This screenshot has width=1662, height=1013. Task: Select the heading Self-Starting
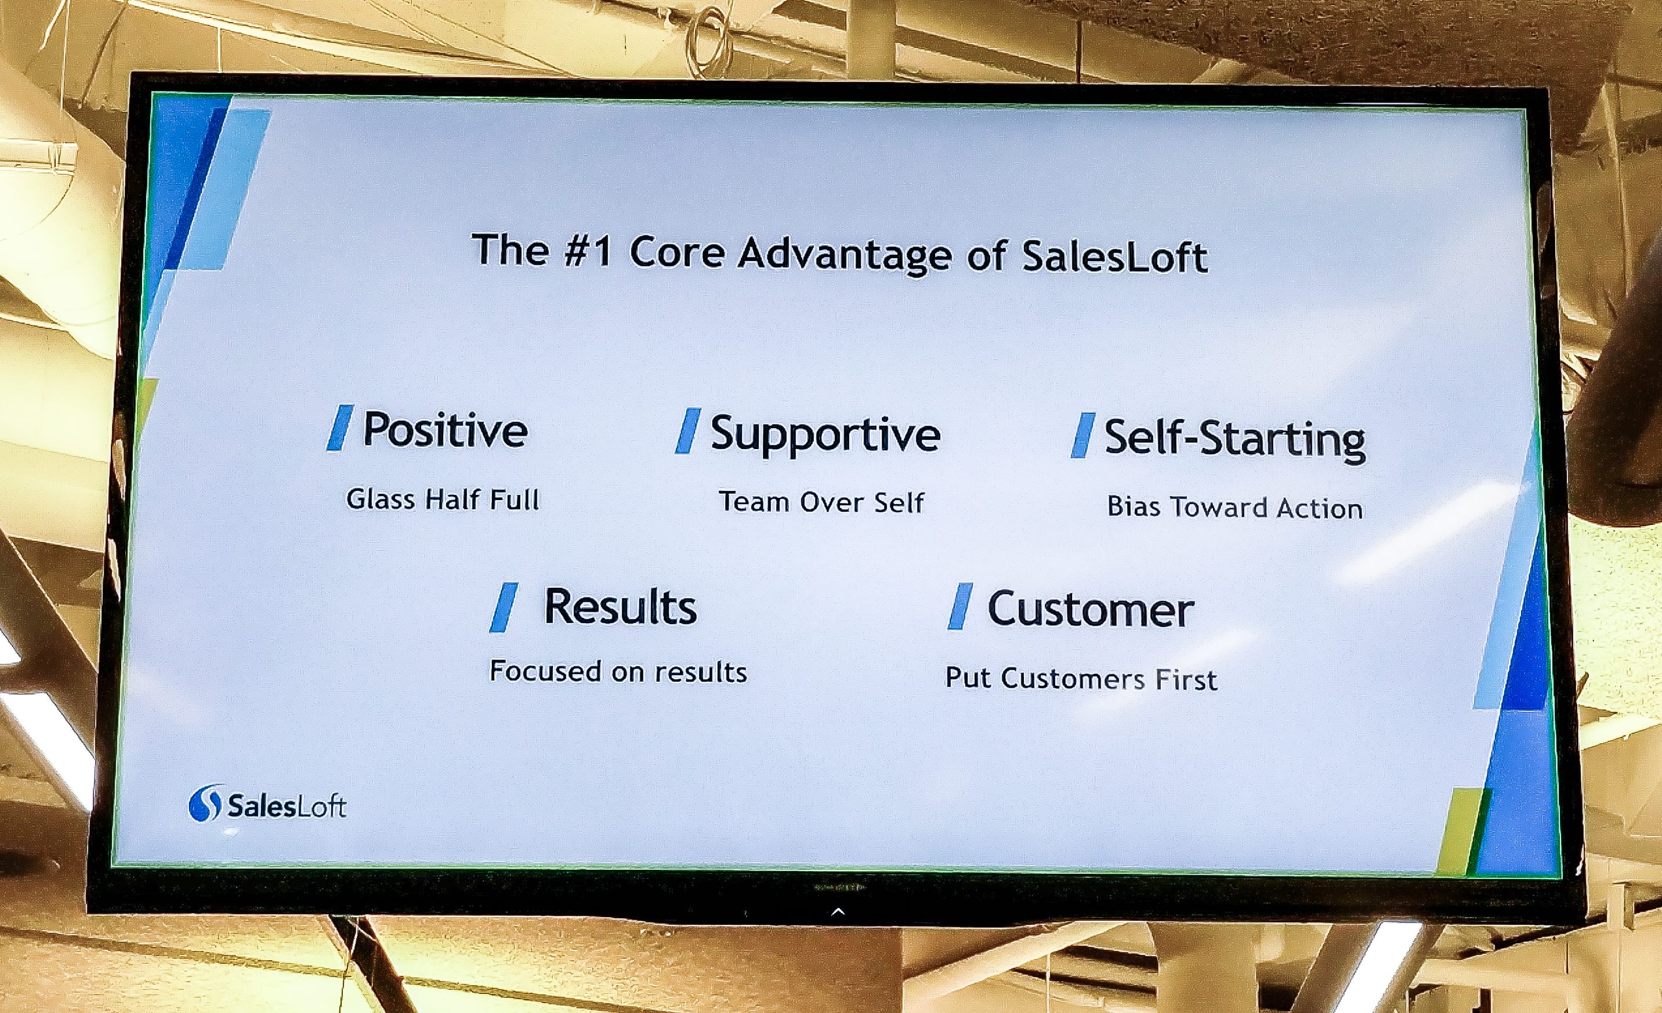(1234, 439)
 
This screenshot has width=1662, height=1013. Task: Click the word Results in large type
(620, 606)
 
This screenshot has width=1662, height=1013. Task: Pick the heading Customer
(1090, 609)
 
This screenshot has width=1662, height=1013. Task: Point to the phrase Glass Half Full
(443, 500)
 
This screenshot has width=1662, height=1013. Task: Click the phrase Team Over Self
(821, 502)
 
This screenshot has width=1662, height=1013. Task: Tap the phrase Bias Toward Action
(1234, 508)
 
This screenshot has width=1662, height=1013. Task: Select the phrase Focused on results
(618, 672)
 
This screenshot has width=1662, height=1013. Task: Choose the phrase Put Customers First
(1081, 678)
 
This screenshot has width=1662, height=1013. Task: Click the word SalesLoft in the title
(1114, 258)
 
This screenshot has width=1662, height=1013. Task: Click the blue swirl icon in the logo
(204, 802)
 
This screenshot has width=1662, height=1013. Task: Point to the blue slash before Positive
(340, 428)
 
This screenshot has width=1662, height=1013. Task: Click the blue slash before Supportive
(687, 430)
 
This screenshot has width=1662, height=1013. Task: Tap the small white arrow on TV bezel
(838, 912)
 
